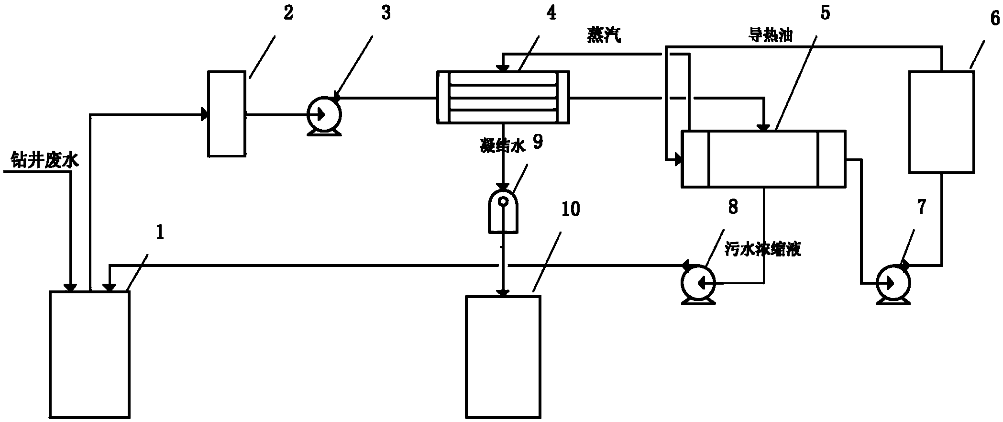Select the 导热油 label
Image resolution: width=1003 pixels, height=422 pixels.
770,35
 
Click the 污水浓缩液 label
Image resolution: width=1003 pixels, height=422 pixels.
762,249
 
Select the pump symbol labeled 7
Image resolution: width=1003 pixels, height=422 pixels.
893,284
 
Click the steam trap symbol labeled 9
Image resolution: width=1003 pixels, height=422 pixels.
502,215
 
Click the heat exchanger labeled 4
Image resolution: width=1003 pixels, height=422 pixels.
504,98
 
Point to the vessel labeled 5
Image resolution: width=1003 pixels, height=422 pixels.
763,158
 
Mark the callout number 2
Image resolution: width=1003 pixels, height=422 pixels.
288,13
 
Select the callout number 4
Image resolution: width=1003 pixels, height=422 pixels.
551,13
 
